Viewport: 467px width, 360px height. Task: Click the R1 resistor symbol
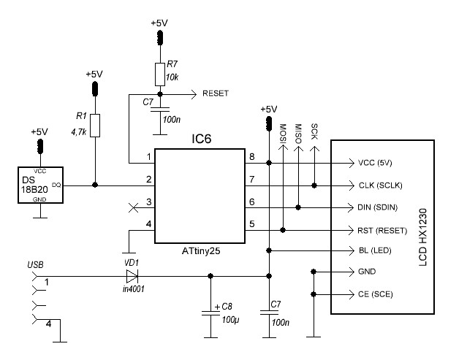(x=94, y=126)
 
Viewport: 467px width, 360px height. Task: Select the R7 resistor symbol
(x=159, y=74)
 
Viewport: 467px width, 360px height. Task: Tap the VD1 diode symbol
(x=132, y=276)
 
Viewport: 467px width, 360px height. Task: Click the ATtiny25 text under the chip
(x=200, y=250)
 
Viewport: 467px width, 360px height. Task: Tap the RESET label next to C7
(x=216, y=93)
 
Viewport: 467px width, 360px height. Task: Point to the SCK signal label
(x=314, y=130)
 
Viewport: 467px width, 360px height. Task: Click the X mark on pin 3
(x=132, y=207)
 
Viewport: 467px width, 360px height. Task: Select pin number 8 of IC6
(x=251, y=156)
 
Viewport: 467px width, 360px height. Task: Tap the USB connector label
(x=35, y=264)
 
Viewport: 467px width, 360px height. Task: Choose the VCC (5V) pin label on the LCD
(x=380, y=163)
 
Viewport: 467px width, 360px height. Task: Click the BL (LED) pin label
(x=375, y=250)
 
